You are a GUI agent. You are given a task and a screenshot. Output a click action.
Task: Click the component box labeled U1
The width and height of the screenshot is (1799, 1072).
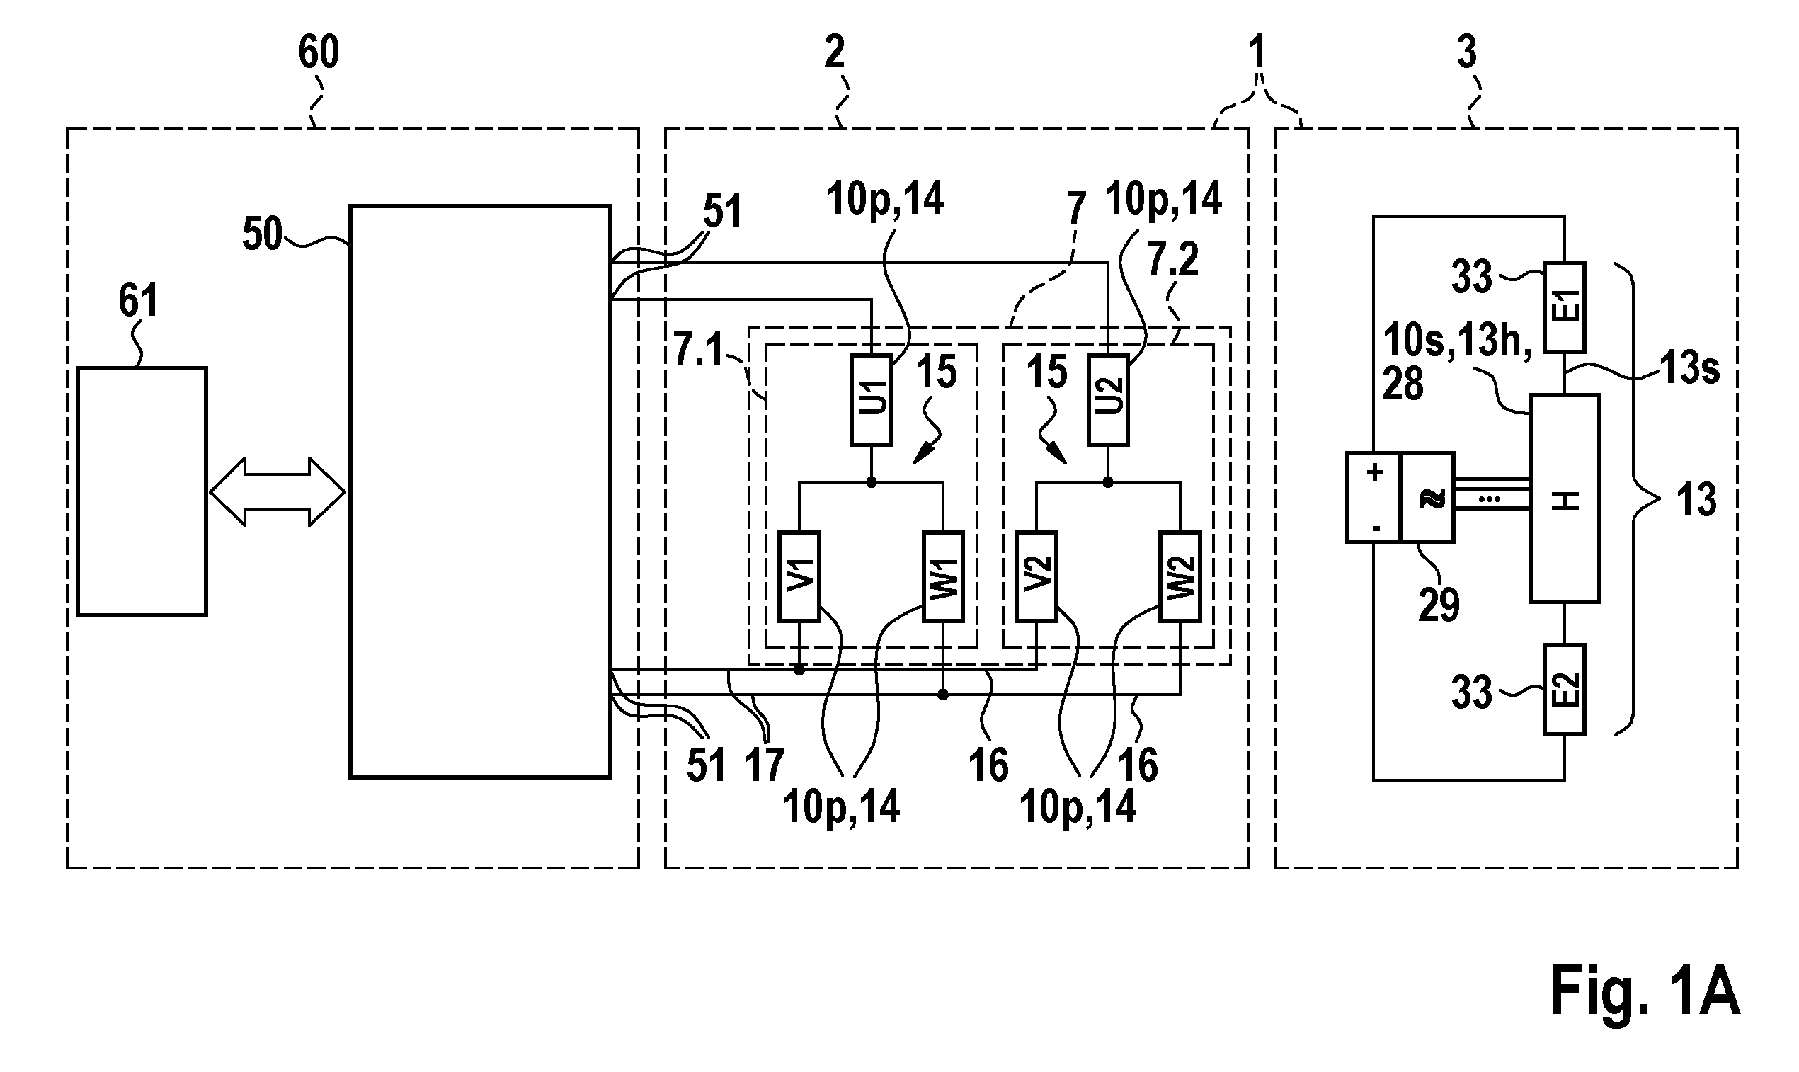click(x=872, y=400)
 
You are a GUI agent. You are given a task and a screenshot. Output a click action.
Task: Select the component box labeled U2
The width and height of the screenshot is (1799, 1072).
click(x=1108, y=400)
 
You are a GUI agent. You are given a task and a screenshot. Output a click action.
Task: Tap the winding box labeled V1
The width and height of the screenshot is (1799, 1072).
click(x=799, y=576)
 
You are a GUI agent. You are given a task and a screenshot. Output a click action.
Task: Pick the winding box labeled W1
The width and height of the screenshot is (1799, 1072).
click(x=942, y=576)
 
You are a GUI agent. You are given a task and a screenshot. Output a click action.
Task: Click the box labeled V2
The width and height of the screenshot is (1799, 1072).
click(x=1036, y=576)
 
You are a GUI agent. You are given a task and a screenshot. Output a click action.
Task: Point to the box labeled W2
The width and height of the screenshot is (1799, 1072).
click(x=1180, y=576)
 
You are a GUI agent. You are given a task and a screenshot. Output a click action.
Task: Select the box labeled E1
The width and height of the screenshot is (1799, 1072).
click(x=1564, y=307)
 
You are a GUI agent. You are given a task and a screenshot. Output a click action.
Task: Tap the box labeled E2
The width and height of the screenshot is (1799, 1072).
click(x=1564, y=690)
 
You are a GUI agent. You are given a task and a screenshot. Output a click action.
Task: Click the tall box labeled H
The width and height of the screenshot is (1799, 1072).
click(x=1564, y=498)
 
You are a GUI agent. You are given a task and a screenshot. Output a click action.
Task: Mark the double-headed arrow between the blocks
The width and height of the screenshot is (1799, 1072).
click(x=278, y=492)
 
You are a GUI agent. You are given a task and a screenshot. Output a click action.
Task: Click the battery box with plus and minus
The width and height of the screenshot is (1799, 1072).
click(x=1373, y=498)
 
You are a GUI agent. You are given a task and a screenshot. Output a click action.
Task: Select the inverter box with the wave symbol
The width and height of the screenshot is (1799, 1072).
click(x=1427, y=498)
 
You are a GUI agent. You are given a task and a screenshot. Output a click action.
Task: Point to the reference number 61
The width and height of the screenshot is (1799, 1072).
click(x=138, y=300)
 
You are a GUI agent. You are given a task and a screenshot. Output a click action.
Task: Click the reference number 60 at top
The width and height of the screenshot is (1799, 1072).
click(x=319, y=52)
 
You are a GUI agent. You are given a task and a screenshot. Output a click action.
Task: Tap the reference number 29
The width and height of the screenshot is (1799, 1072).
click(x=1439, y=605)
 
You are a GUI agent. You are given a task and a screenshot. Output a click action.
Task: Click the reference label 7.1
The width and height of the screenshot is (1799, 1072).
click(x=698, y=350)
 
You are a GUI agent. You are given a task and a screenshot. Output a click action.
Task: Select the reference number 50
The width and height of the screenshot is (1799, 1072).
click(x=261, y=234)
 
